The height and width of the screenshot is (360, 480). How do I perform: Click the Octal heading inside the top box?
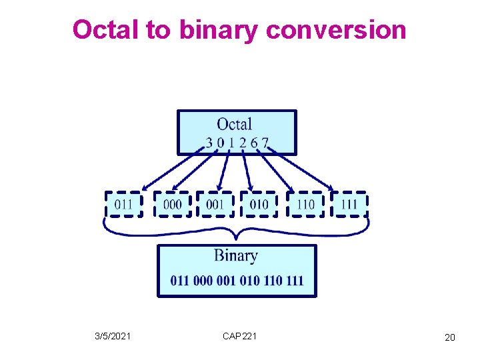tap(235, 124)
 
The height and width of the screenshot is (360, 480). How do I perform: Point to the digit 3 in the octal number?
tap(210, 142)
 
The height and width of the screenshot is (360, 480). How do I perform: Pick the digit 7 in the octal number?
tap(265, 142)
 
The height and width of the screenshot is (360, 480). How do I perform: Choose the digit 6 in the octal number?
tap(255, 142)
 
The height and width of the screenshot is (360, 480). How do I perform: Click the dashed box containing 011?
tap(124, 204)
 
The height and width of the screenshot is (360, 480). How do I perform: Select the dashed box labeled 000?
tap(172, 204)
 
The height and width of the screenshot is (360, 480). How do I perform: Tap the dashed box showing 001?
tap(215, 204)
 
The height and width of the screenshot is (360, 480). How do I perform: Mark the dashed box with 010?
tap(259, 204)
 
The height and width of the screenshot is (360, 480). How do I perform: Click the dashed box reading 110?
tap(305, 204)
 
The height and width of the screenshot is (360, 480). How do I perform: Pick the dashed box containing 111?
tap(349, 204)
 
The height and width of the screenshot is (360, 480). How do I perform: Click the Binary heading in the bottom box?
tap(236, 255)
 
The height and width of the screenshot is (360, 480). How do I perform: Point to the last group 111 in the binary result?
tap(294, 281)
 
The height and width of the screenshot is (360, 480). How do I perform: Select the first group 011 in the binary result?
tap(180, 281)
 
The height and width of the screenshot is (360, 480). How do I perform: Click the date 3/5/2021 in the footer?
tap(113, 337)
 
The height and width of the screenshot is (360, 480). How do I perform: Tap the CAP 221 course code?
tap(239, 337)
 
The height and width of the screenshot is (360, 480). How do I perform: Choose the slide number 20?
tap(450, 338)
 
